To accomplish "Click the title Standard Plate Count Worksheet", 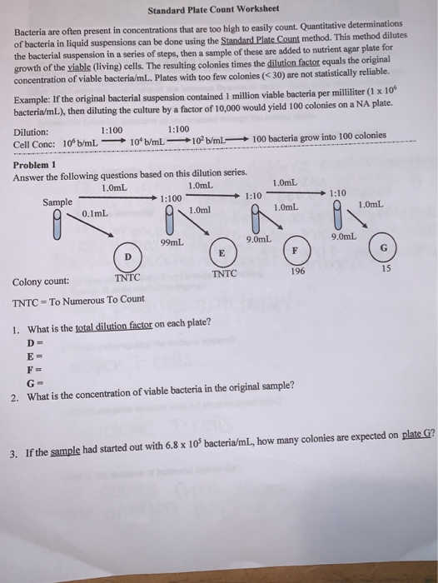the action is [x=218, y=12].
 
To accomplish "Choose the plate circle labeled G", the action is [x=384, y=247].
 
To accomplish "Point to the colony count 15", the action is [x=385, y=268].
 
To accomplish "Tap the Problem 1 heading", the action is [x=35, y=164].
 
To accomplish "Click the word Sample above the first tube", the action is [x=57, y=201].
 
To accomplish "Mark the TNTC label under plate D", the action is [x=127, y=277].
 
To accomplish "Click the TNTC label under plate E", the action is [x=224, y=272].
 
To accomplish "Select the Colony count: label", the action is [x=41, y=282].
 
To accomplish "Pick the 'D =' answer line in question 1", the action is [x=34, y=343].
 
